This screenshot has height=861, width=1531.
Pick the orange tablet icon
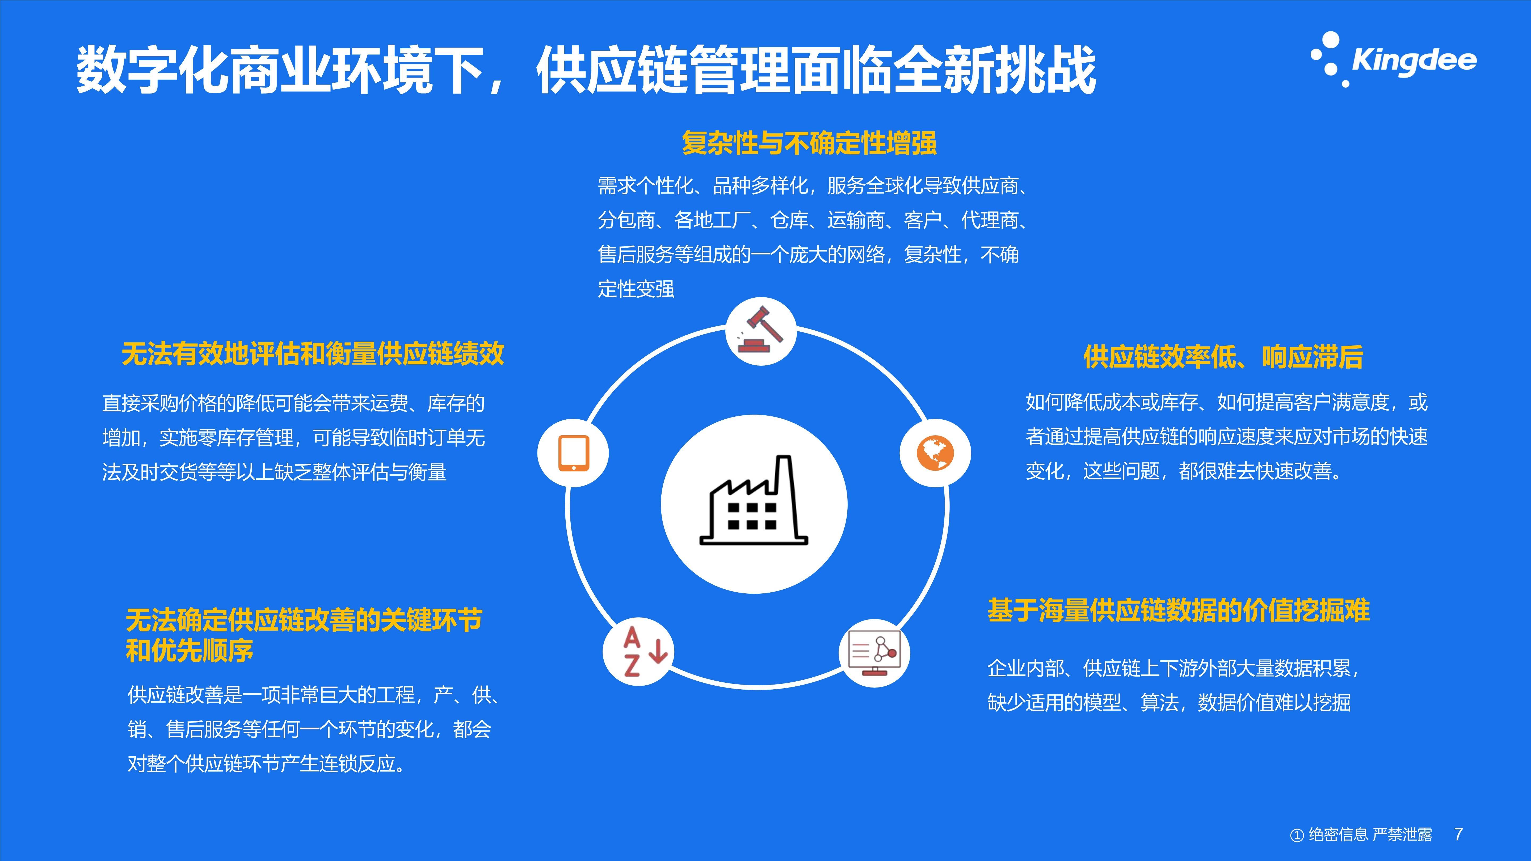coord(574,453)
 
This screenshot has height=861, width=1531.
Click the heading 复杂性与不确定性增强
coord(809,143)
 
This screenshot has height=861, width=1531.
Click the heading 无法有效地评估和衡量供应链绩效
coord(313,354)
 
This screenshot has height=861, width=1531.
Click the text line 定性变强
coord(636,289)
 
